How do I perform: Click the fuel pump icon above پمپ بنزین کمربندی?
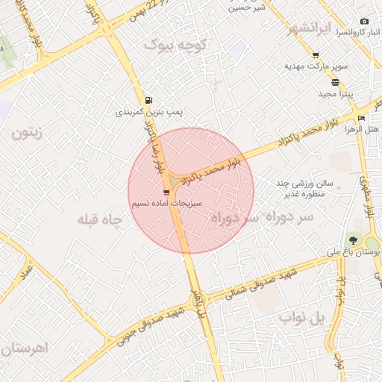coord(150,100)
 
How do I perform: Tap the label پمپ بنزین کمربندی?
coord(149,112)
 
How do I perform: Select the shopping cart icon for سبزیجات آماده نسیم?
coord(176,192)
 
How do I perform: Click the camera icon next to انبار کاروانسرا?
coord(364,22)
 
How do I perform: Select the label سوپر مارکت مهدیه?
coord(315,66)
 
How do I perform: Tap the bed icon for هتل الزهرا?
coord(361,118)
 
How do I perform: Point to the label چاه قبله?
coord(99,219)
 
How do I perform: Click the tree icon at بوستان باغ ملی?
coord(352,240)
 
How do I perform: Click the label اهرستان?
coord(25,348)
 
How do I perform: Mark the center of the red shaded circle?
coord(191,191)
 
